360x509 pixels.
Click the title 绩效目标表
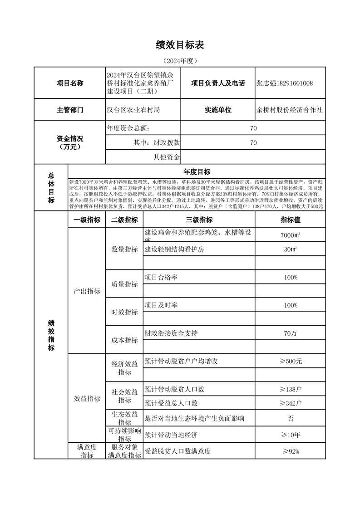tap(180, 44)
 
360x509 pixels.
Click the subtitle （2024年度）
tap(180, 60)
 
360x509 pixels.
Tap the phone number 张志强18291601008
tap(285, 83)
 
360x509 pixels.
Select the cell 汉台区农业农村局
tap(133, 110)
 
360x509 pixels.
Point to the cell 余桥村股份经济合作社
tap(290, 110)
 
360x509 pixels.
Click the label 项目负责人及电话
tap(218, 83)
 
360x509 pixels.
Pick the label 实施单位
tap(218, 110)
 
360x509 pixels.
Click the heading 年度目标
tap(196, 171)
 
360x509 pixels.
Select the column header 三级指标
tap(199, 220)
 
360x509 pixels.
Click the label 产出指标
tap(87, 291)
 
